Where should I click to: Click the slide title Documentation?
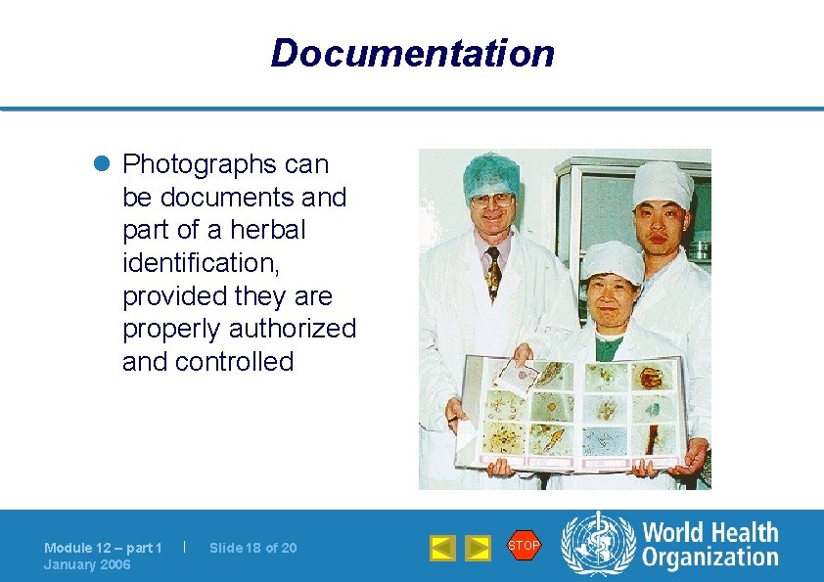pos(412,53)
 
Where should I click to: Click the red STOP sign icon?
pos(524,545)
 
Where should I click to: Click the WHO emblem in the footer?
pos(597,545)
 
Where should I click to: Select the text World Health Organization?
pos(710,545)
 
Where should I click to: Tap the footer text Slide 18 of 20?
pos(252,548)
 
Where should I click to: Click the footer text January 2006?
pos(87,565)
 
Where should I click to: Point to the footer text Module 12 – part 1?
pos(103,548)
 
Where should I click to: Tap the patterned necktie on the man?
pos(493,271)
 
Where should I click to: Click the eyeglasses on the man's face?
pos(491,200)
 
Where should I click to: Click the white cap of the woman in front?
pos(612,260)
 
